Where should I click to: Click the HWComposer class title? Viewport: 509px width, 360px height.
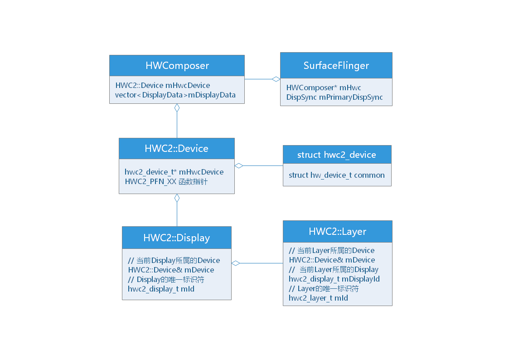coord(177,66)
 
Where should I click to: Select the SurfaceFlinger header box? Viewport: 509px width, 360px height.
coord(336,66)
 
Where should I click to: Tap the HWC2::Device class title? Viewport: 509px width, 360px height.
coord(177,149)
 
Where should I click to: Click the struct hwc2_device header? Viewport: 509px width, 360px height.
coord(337,155)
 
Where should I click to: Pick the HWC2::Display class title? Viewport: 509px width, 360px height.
coord(177,238)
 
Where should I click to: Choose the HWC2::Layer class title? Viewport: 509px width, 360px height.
coord(337,232)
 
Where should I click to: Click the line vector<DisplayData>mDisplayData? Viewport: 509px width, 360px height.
coord(175,95)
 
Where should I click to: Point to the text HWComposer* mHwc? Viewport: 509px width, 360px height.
coord(324,88)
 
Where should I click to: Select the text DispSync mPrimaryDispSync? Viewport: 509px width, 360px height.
coord(334,97)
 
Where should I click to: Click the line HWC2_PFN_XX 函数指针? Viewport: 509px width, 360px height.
coord(166,181)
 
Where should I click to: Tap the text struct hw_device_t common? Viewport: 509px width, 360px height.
coord(337,175)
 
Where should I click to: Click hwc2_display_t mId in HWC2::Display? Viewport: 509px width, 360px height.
coord(161,289)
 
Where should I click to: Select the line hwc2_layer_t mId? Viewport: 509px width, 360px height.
coord(318,298)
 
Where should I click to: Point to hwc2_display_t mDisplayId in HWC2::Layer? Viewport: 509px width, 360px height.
coord(334,279)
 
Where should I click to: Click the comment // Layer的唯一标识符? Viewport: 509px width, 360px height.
coord(324,288)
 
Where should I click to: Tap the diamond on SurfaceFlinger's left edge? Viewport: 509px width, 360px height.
coord(276,79)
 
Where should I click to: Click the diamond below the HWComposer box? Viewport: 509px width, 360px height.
coord(177,108)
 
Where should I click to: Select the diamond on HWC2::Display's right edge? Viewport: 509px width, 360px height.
coord(236,263)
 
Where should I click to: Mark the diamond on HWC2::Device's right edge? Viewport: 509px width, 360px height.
coord(239,166)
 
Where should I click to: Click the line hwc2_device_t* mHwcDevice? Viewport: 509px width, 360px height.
coord(174,172)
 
